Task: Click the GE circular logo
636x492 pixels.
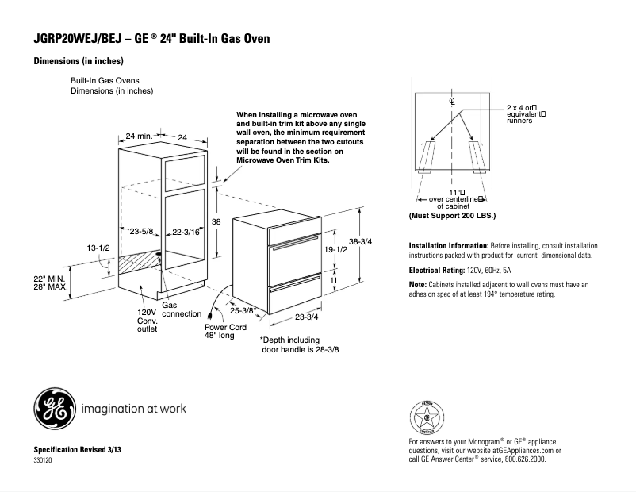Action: pos(54,409)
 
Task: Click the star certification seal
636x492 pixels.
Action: pos(427,415)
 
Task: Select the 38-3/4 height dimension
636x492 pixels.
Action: pos(360,241)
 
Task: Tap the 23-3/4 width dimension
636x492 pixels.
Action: pos(306,317)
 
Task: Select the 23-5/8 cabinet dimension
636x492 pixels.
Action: pos(141,232)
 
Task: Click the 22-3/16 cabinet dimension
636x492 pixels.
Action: pos(186,232)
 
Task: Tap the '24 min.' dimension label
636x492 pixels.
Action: pos(139,137)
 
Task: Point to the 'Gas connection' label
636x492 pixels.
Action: pos(182,309)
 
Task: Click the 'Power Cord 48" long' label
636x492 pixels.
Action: pos(225,331)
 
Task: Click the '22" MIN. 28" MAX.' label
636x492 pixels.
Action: pos(49,283)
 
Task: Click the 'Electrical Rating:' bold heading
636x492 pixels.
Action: pos(436,271)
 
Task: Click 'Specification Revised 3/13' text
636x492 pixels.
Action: pos(77,450)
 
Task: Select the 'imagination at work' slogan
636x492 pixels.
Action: pos(134,409)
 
